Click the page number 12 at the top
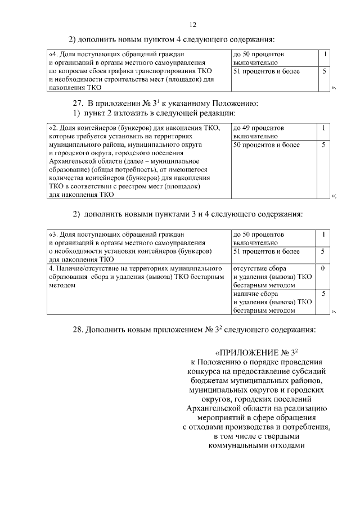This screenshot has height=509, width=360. coord(193,25)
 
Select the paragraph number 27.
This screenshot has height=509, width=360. coord(79,103)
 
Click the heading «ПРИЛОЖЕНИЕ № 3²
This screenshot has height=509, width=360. coord(256,353)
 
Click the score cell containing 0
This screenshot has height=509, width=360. coord(323,268)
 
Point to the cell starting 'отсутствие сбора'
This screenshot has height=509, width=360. coord(272,277)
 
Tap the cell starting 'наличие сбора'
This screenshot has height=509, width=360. coord(272,301)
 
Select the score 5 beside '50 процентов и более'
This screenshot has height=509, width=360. coord(323,145)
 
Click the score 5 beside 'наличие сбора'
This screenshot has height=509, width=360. coord(323,293)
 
